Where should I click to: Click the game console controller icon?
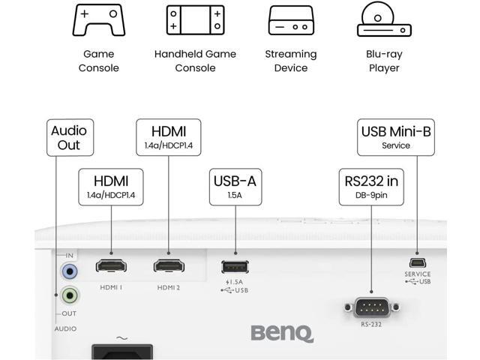click(x=98, y=20)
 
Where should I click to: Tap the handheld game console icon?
click(x=195, y=20)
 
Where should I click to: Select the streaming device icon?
click(x=291, y=21)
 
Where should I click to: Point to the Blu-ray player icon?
click(x=384, y=20)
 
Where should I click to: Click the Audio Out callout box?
click(x=70, y=137)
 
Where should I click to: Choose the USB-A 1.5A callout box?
click(x=236, y=187)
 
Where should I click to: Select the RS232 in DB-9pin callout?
click(x=372, y=187)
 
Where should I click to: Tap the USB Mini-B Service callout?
click(x=396, y=137)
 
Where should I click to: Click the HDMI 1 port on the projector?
click(x=111, y=265)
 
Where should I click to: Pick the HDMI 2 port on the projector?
click(x=169, y=265)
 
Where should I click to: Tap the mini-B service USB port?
click(x=417, y=262)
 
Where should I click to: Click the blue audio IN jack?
click(x=70, y=271)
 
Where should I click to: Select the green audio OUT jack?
click(x=70, y=295)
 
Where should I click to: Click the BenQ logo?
click(x=281, y=331)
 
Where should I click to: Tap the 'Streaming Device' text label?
click(x=291, y=61)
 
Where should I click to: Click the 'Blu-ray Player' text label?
click(x=384, y=61)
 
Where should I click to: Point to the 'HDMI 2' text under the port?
click(x=169, y=287)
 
